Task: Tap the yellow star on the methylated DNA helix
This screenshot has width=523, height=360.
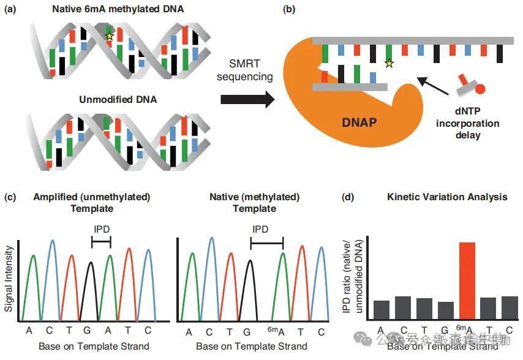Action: point(109,37)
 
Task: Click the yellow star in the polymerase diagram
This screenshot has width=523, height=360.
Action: point(388,62)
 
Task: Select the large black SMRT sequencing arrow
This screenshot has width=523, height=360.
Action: point(247,99)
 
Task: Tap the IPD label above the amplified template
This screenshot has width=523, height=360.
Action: point(101,231)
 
